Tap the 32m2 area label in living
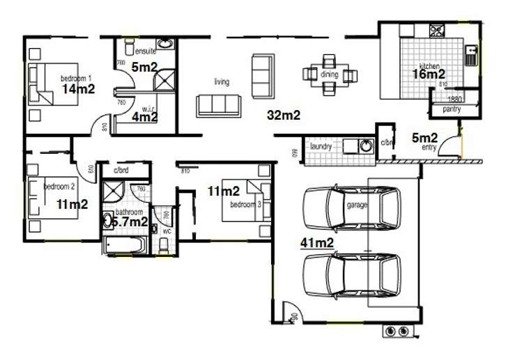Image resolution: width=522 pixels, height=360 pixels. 283,116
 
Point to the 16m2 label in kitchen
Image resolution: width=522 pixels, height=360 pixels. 429,74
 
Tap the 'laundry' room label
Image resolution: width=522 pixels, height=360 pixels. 321,146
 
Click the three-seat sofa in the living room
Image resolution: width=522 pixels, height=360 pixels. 217,104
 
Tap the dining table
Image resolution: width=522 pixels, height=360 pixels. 330,73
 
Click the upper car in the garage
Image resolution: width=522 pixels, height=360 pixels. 352,207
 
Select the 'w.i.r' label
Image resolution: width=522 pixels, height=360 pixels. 147,109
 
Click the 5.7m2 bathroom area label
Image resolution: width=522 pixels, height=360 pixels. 130,221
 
